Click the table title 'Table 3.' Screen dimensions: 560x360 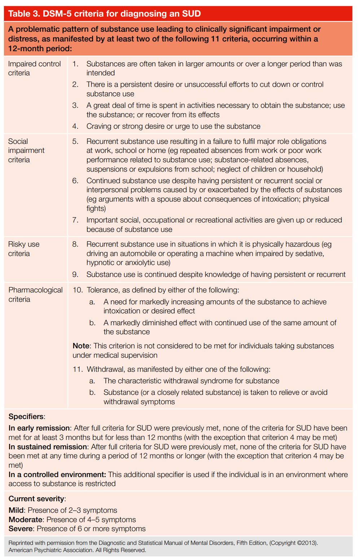24,14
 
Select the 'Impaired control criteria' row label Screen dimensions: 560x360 34,68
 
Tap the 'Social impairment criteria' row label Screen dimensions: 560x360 26,150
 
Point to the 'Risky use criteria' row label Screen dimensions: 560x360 23,249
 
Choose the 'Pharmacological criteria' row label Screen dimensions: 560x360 35,294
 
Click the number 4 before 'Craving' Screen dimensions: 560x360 75,126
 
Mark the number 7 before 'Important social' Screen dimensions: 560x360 75,220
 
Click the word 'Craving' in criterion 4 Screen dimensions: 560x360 99,126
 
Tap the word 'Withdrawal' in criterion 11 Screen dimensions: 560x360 106,369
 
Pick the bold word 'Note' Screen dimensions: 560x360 81,346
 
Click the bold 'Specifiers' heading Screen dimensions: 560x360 26,416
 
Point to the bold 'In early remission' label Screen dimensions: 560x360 39,428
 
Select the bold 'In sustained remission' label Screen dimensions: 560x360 48,447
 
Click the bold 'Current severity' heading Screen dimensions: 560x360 36,499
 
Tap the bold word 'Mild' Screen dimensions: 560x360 16,510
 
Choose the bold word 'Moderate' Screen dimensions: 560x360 26,520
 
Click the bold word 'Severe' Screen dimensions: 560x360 21,529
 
